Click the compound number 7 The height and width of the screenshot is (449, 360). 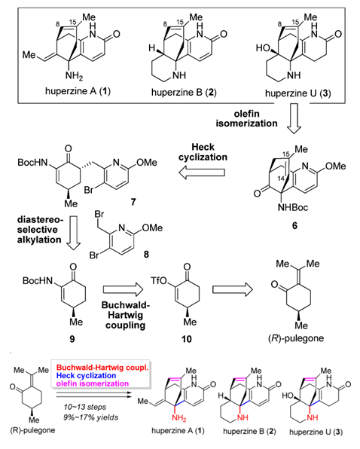133,202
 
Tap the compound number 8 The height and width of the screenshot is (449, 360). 146,254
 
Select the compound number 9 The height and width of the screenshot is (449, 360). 72,339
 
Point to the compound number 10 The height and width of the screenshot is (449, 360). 186,339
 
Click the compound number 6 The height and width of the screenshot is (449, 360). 294,226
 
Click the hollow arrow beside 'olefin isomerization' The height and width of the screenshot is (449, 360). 294,119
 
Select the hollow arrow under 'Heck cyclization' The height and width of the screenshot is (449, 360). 202,173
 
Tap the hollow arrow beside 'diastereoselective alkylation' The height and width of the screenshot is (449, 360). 74,234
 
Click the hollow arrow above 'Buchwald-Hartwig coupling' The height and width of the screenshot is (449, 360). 123,289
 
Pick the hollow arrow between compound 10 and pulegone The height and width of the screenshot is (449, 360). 233,289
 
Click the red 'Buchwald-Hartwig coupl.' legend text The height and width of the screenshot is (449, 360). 102,368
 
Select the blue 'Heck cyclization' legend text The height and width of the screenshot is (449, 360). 86,375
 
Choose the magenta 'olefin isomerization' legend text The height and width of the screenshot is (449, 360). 93,383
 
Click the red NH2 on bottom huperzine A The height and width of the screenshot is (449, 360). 178,418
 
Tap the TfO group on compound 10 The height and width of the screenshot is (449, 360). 159,280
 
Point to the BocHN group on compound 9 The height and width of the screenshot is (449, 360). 38,280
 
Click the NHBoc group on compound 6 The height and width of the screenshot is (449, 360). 293,207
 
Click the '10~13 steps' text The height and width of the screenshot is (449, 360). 84,407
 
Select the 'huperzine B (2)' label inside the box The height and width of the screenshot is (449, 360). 184,92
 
